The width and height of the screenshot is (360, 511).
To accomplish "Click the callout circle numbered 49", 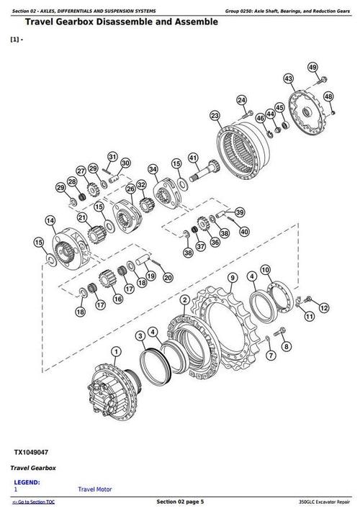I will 312,67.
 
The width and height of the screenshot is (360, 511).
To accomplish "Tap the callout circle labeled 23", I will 215,115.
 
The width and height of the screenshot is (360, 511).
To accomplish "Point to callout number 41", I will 193,158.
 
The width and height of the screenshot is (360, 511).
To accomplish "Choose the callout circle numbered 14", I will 49,220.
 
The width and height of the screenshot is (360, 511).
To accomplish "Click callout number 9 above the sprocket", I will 233,278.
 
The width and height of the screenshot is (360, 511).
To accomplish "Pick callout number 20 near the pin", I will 168,278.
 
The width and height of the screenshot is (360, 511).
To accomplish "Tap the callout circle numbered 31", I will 112,157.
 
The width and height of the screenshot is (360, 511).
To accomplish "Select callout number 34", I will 153,169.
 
